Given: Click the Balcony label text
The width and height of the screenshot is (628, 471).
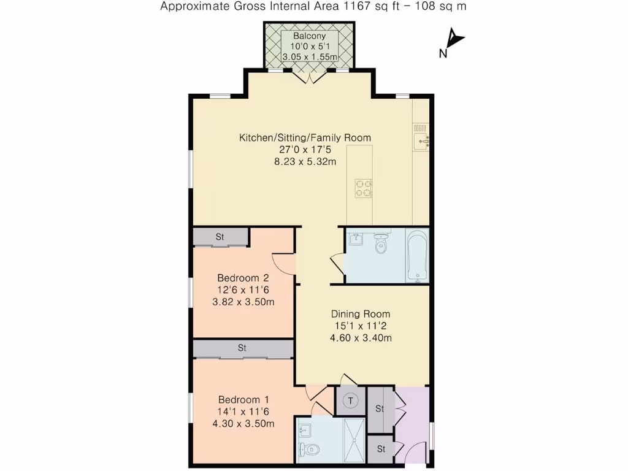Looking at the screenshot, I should point(309,36).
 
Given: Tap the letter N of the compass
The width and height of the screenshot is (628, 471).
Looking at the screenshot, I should point(442,54).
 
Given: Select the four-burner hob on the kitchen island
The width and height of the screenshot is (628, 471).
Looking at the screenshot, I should point(363,188).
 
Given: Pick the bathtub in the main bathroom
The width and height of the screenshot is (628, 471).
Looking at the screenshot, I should point(418,256).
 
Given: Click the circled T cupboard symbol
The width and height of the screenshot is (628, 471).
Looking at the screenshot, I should point(351,401).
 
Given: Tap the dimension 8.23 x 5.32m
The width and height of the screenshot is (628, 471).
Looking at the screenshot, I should point(305,162).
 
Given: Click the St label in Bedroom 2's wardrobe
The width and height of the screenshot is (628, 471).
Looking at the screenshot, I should point(220,237).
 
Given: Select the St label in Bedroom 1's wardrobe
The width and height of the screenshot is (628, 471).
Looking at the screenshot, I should point(242,348).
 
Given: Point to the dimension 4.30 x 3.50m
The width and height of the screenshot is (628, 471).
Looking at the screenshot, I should point(243,423).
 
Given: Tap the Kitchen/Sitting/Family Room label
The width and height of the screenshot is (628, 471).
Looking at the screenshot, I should point(305,137).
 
